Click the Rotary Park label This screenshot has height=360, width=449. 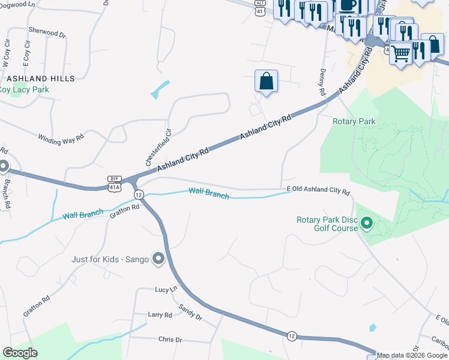coord(354,121)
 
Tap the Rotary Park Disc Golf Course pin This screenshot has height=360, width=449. coord(367,225)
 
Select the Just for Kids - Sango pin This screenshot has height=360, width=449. coord(158,259)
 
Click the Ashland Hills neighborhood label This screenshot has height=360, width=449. coord(41,79)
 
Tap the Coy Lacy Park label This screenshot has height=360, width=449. coord(24,89)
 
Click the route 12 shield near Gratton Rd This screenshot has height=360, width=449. coord(139,194)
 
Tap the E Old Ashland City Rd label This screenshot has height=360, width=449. coord(318,190)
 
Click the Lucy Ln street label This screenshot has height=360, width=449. coord(166,289)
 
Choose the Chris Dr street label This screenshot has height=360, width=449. coord(170,340)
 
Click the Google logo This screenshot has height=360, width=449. coord(20,353)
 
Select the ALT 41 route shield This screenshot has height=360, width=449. coord(259,8)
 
